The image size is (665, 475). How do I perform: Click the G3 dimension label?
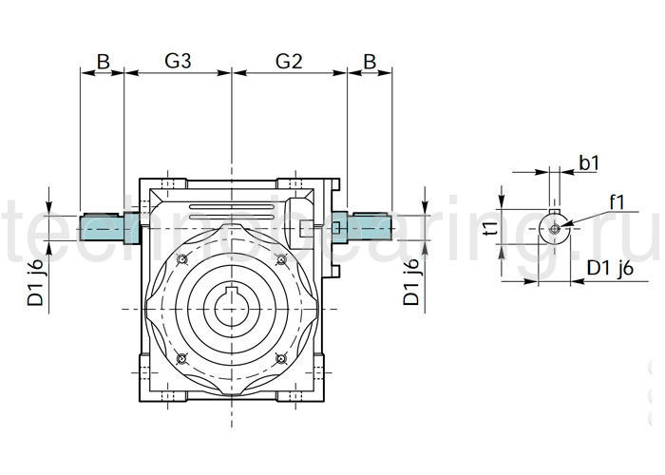[179, 61]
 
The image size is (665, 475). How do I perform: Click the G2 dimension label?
[289, 61]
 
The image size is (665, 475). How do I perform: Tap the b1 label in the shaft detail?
[589, 163]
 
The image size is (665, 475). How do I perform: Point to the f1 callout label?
[616, 201]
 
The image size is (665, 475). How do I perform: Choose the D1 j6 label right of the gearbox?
[411, 282]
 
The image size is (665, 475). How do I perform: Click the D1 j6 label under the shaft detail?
[609, 269]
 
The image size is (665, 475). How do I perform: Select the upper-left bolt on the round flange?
[181, 259]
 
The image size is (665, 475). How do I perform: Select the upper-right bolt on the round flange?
[280, 259]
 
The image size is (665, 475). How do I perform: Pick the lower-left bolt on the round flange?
[181, 358]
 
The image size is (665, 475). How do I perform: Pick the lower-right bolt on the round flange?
[280, 358]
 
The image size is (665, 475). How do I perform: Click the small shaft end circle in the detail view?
[554, 227]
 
